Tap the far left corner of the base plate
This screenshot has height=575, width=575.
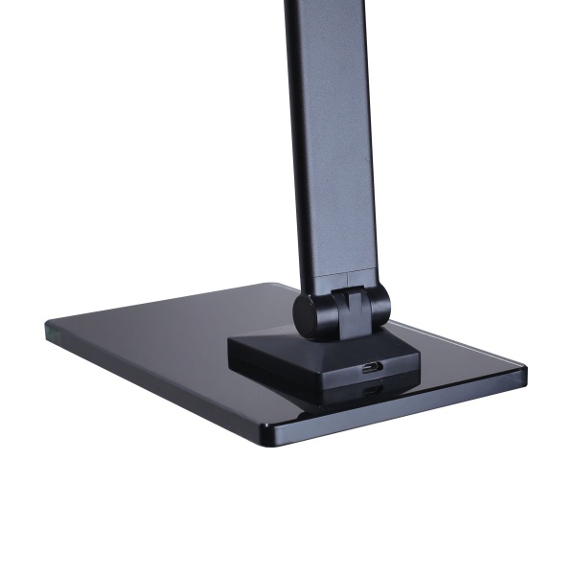pos(48,327)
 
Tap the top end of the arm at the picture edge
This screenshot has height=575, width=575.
pos(316,5)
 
